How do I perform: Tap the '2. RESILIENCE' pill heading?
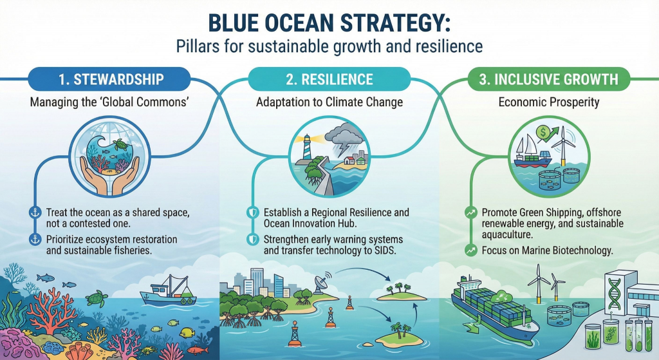(329, 80)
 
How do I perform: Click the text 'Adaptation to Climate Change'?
(329, 102)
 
